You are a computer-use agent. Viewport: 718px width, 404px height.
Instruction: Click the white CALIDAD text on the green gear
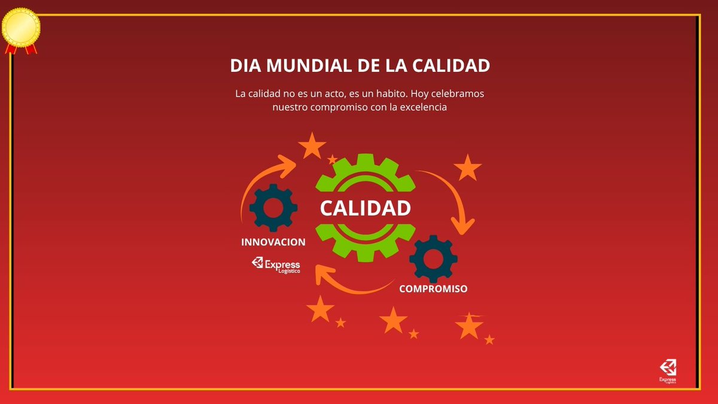(x=365, y=208)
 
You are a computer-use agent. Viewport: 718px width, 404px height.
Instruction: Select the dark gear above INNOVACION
(x=273, y=208)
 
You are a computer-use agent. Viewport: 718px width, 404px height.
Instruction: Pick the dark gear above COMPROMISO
(x=433, y=259)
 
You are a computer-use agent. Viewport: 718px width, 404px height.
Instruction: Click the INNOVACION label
(x=273, y=242)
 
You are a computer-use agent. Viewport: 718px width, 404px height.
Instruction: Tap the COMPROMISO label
(x=433, y=288)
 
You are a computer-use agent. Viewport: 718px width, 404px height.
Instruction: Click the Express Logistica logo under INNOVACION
(x=276, y=265)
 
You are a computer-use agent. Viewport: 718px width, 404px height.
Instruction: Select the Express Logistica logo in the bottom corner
(x=667, y=371)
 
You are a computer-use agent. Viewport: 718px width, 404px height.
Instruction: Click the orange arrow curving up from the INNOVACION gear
(x=257, y=180)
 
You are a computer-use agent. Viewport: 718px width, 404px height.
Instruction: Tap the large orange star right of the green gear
(x=467, y=168)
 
